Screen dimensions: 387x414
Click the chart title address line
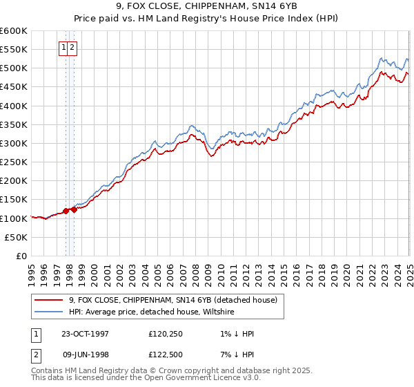pos(206,8)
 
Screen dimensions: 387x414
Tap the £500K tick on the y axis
pos(13,68)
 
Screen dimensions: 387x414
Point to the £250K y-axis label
pos(13,162)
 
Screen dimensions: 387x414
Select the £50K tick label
pos(16,237)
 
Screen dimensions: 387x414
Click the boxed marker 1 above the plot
pos(63,48)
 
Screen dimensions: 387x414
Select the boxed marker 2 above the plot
pos(72,48)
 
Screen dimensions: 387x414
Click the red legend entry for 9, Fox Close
pos(172,300)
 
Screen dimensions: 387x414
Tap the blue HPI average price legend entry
pos(151,312)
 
